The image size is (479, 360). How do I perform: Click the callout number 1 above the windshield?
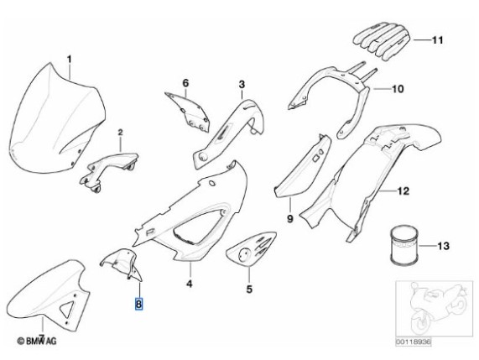[x=70, y=60]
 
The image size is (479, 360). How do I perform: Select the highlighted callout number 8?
[x=138, y=304]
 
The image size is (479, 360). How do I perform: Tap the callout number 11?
[x=437, y=40]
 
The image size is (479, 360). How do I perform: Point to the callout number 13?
[x=443, y=246]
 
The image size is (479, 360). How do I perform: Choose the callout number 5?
[x=249, y=289]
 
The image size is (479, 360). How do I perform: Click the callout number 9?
[x=290, y=218]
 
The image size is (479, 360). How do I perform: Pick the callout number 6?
[x=185, y=83]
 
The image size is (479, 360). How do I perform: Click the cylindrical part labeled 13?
[x=404, y=244]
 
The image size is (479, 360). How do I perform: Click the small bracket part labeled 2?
[x=108, y=171]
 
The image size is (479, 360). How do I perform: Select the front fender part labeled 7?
[x=49, y=294]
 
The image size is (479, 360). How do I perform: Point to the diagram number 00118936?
[x=414, y=342]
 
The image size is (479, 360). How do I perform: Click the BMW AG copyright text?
[x=37, y=341]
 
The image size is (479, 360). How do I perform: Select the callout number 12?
[x=403, y=191]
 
